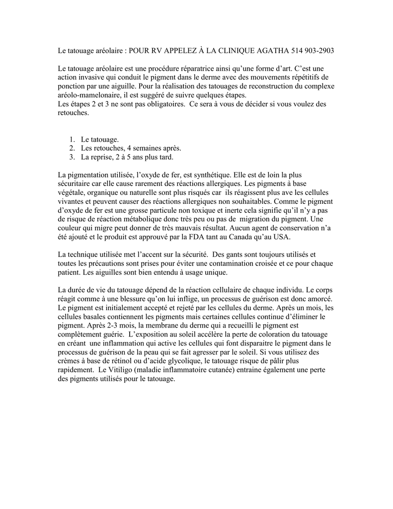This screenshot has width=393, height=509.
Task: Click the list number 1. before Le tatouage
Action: click(72, 140)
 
